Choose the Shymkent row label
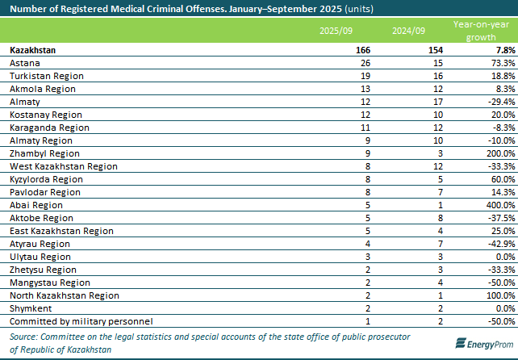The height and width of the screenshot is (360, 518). point(28,308)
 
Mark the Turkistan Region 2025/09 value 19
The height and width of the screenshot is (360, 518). point(366,76)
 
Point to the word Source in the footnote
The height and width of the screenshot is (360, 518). point(25,336)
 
